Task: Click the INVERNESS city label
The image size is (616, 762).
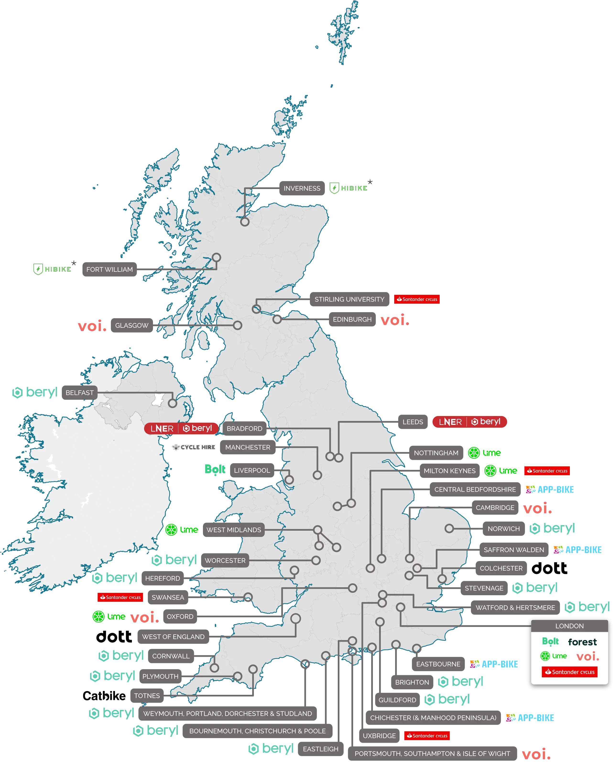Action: (302, 188)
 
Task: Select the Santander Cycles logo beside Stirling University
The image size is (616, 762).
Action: (417, 299)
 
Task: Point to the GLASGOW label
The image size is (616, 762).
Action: (132, 325)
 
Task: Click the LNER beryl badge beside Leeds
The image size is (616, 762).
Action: (469, 422)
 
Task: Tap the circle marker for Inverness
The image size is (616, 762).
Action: (245, 222)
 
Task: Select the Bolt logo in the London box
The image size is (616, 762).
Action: (550, 641)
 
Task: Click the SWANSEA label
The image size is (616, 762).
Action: (168, 597)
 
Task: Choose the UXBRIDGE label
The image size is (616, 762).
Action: (379, 736)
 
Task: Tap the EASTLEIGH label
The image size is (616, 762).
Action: (320, 749)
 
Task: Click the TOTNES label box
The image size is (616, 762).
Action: (147, 695)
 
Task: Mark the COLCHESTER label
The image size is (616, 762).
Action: (501, 568)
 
